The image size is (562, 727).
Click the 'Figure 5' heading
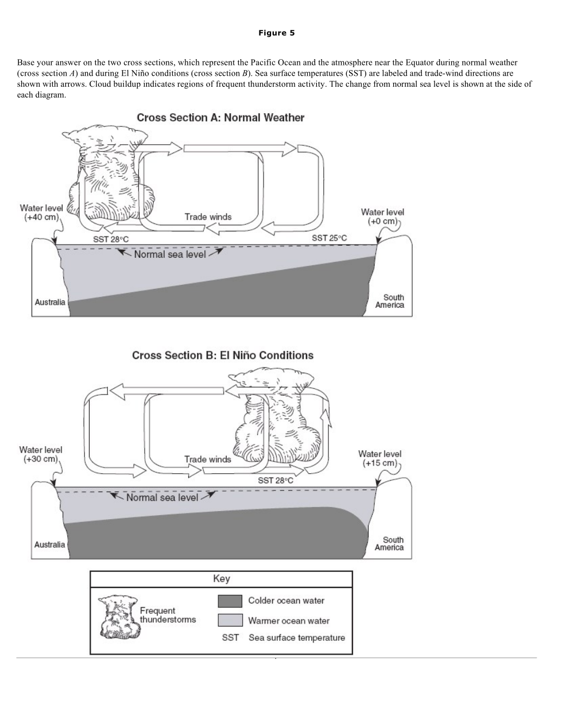[276, 33]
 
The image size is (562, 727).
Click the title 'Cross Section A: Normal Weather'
[220, 118]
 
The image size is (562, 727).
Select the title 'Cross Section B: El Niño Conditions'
[223, 355]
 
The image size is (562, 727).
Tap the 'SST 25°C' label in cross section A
[329, 238]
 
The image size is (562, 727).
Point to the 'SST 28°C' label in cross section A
[111, 239]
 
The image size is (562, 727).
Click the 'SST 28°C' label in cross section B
[275, 480]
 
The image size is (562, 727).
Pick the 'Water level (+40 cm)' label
[41, 212]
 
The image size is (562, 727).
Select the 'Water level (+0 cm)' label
[382, 216]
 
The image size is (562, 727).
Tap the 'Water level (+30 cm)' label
[41, 454]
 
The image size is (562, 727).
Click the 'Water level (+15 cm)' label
[379, 458]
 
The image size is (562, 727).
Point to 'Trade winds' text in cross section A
[208, 217]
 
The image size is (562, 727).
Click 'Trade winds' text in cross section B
[207, 459]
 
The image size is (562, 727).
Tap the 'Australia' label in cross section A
[50, 302]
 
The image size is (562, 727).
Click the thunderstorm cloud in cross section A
[109, 178]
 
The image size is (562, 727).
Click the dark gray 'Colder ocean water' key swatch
[230, 601]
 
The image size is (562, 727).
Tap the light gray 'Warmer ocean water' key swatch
[230, 620]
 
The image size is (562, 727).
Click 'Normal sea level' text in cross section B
[162, 497]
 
